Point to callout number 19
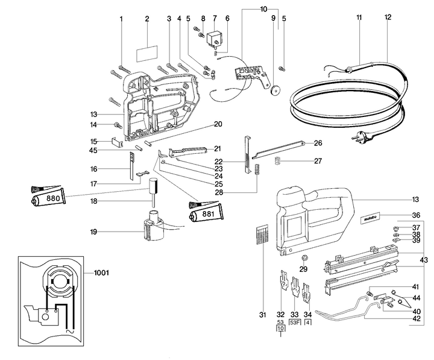tap(93, 231)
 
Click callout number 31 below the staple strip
tap(262, 314)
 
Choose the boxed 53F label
tap(295, 323)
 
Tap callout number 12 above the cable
tap(388, 17)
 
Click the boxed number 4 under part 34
tap(309, 323)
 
